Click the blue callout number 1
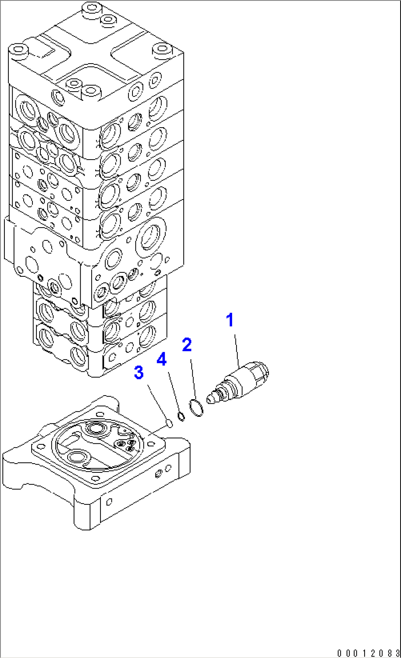[x=230, y=320]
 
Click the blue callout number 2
[x=187, y=345]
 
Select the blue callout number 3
[x=139, y=373]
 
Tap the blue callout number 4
[x=162, y=359]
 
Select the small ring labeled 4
[x=181, y=416]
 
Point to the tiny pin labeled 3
[x=169, y=423]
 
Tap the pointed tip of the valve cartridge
[x=211, y=398]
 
